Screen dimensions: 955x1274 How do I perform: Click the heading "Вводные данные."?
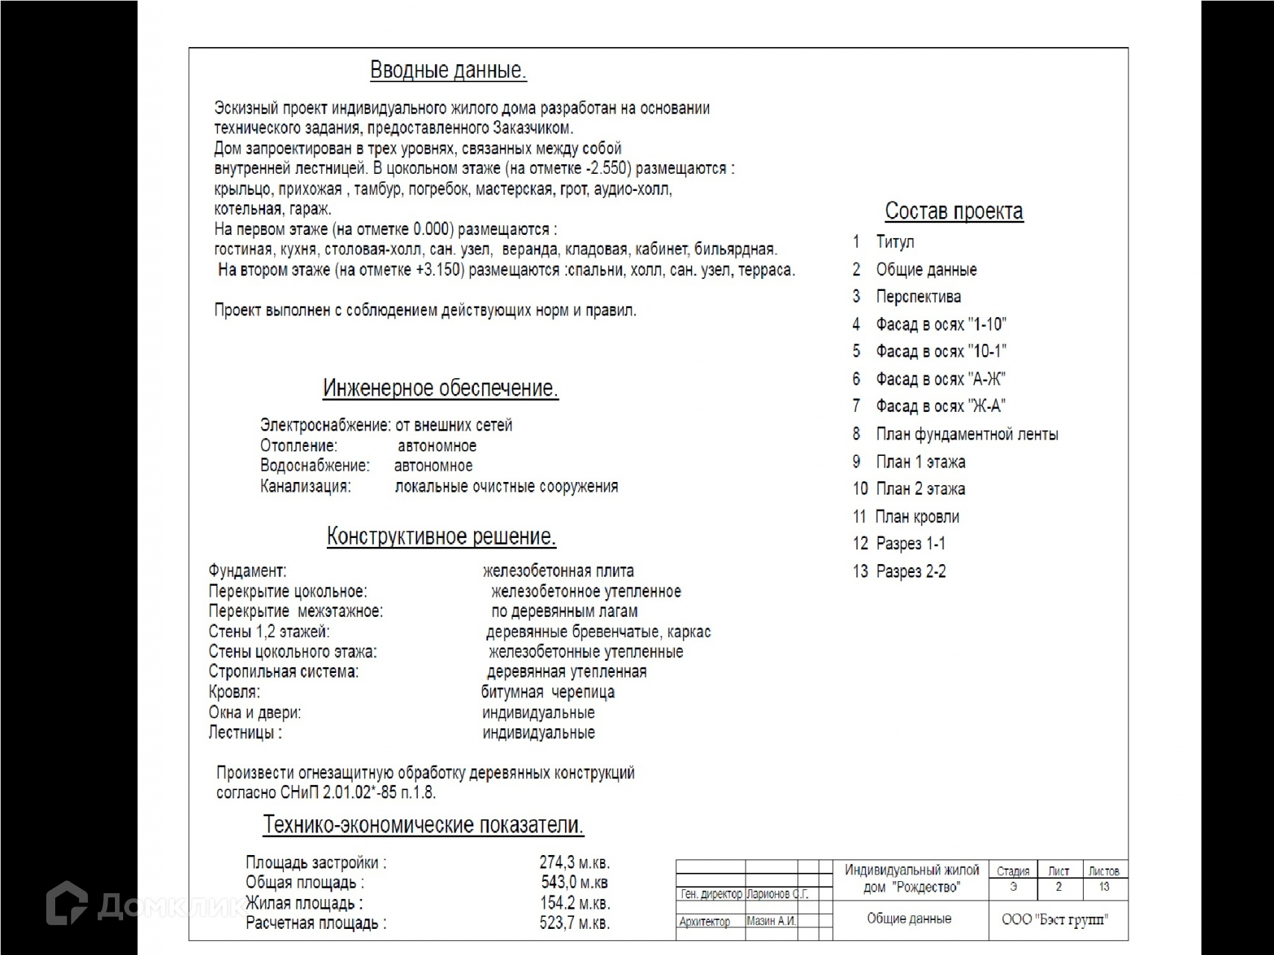[448, 71]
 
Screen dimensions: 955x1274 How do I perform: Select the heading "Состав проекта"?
[953, 211]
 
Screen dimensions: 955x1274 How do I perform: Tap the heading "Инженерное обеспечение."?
[440, 389]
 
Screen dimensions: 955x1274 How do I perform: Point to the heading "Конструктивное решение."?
[441, 536]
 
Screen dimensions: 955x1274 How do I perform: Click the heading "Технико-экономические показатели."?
[423, 825]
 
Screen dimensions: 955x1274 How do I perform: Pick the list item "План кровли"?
[917, 516]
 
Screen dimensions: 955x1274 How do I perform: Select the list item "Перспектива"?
[918, 297]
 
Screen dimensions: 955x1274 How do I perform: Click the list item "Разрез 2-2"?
[911, 572]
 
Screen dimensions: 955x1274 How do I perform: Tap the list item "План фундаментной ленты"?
[967, 434]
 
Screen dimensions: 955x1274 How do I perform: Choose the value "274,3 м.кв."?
[575, 862]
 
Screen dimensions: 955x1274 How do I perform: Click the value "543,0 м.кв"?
[575, 883]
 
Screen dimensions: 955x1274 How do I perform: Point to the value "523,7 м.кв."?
[575, 923]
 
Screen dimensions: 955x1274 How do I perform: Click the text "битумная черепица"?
[548, 692]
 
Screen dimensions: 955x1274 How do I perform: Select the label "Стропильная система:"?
[284, 671]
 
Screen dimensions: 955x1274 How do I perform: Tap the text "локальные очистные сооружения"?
[506, 486]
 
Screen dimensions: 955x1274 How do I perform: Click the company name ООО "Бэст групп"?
[1055, 919]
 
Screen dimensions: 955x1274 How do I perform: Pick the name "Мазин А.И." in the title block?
[771, 921]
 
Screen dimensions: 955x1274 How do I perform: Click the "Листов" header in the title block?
[1104, 871]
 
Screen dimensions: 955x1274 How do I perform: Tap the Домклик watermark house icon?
[67, 904]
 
